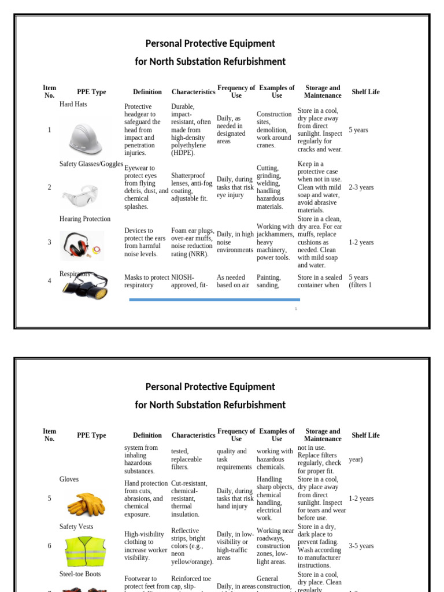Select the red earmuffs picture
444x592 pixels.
tap(82, 245)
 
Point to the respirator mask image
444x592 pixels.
tap(86, 285)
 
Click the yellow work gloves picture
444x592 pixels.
tap(86, 504)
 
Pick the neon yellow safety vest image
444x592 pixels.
tap(86, 552)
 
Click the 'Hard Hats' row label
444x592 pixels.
tap(73, 105)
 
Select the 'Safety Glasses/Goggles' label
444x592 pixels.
tap(91, 164)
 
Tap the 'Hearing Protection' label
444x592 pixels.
tap(85, 219)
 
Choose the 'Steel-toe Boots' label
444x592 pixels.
tap(80, 574)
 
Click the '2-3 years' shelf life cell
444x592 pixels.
tap(361, 187)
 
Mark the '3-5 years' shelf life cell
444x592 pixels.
tap(361, 546)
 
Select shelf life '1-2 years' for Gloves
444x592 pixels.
tap(361, 498)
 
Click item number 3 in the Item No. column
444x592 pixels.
tap(49, 242)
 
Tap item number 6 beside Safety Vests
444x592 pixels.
tap(49, 546)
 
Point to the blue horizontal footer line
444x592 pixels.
tap(214, 299)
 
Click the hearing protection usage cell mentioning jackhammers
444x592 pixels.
tap(275, 242)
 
